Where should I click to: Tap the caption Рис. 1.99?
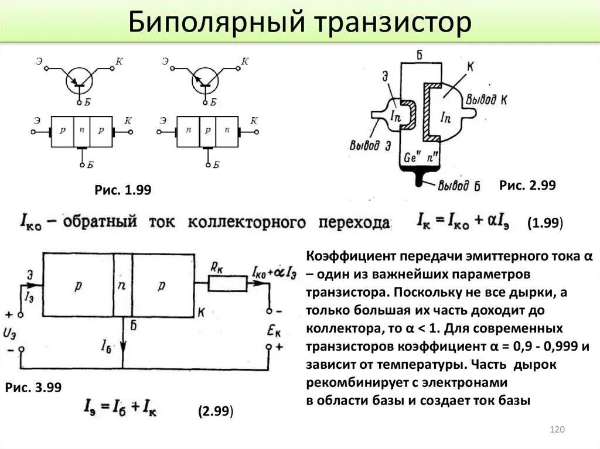[123, 190]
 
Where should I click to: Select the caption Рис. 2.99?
[527, 185]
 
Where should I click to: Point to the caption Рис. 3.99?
[33, 388]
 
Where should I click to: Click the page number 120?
[557, 430]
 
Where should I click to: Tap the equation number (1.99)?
[545, 223]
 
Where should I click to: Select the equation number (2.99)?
[216, 411]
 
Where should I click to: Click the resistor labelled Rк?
[229, 283]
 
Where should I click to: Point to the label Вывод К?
[486, 99]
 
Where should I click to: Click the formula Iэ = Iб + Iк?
[121, 406]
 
